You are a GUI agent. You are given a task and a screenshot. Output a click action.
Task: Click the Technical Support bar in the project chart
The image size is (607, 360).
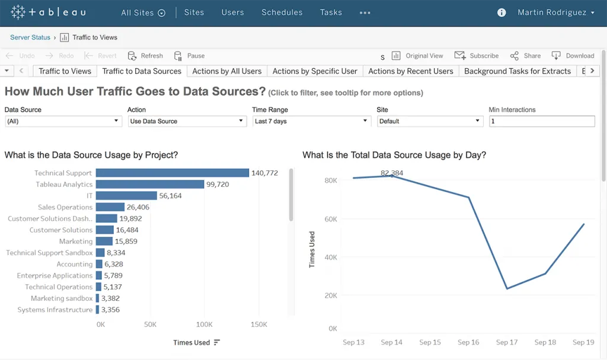(172, 173)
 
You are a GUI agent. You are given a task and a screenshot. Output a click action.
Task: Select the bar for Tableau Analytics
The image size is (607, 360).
(149, 184)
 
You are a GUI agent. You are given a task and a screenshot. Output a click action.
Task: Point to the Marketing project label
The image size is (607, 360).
(76, 241)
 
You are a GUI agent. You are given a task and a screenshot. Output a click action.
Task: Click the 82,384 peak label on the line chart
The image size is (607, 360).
(392, 173)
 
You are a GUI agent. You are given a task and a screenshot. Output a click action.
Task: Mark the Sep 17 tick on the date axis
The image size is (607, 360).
(506, 342)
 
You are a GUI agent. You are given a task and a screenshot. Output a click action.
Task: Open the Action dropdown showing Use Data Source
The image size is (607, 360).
(187, 121)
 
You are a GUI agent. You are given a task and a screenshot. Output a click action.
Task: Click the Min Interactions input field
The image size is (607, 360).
(541, 121)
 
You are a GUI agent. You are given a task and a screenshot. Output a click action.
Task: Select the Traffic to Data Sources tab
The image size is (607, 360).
(142, 71)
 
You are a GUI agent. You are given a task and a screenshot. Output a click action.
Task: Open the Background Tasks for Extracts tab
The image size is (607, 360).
(517, 71)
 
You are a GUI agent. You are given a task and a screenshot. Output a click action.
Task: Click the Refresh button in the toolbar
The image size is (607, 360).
(146, 56)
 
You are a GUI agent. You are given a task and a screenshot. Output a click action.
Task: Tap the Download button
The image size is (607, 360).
(573, 56)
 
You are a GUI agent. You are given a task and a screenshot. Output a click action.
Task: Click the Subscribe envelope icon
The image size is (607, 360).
(460, 55)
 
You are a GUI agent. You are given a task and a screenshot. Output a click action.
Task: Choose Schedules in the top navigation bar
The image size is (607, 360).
(282, 12)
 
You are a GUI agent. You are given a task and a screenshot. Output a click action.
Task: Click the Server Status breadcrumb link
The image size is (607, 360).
(30, 37)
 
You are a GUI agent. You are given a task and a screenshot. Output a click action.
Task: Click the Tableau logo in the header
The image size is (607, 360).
(48, 12)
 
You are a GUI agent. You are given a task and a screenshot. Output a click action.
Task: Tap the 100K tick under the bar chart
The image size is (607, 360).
(204, 324)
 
